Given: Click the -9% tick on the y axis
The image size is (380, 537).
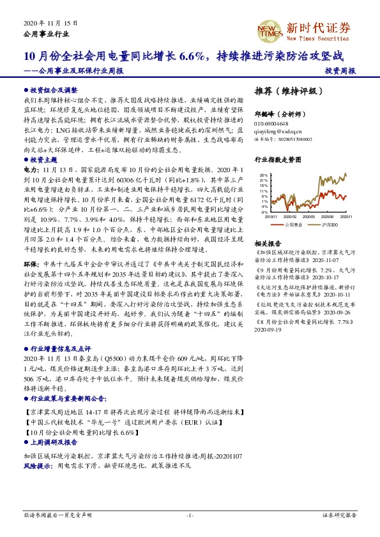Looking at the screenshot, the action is (264, 212).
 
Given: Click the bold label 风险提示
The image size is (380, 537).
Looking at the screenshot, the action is (39, 466).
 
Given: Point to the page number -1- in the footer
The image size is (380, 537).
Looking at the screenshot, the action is (190, 514).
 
